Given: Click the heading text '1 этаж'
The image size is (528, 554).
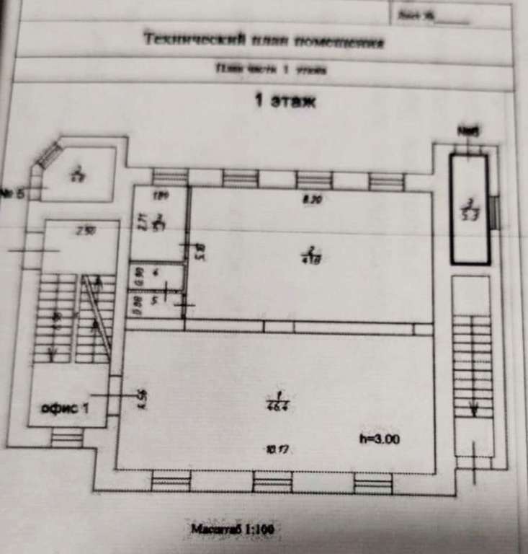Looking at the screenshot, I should coord(286,102).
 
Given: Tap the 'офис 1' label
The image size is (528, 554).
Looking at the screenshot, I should coord(66,408).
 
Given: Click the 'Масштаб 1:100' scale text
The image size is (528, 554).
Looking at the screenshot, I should coord(231,529).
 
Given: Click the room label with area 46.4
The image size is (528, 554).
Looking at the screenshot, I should coord(274,400).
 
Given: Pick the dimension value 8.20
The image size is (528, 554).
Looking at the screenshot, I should coord(312,201).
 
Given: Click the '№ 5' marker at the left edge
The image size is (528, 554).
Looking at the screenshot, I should coord(12,193).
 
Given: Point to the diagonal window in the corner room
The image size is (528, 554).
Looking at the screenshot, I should coord(50,154).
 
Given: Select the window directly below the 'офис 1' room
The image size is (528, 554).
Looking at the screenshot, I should coord(66,437).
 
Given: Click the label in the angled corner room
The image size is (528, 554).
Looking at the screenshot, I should coord(78,175).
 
